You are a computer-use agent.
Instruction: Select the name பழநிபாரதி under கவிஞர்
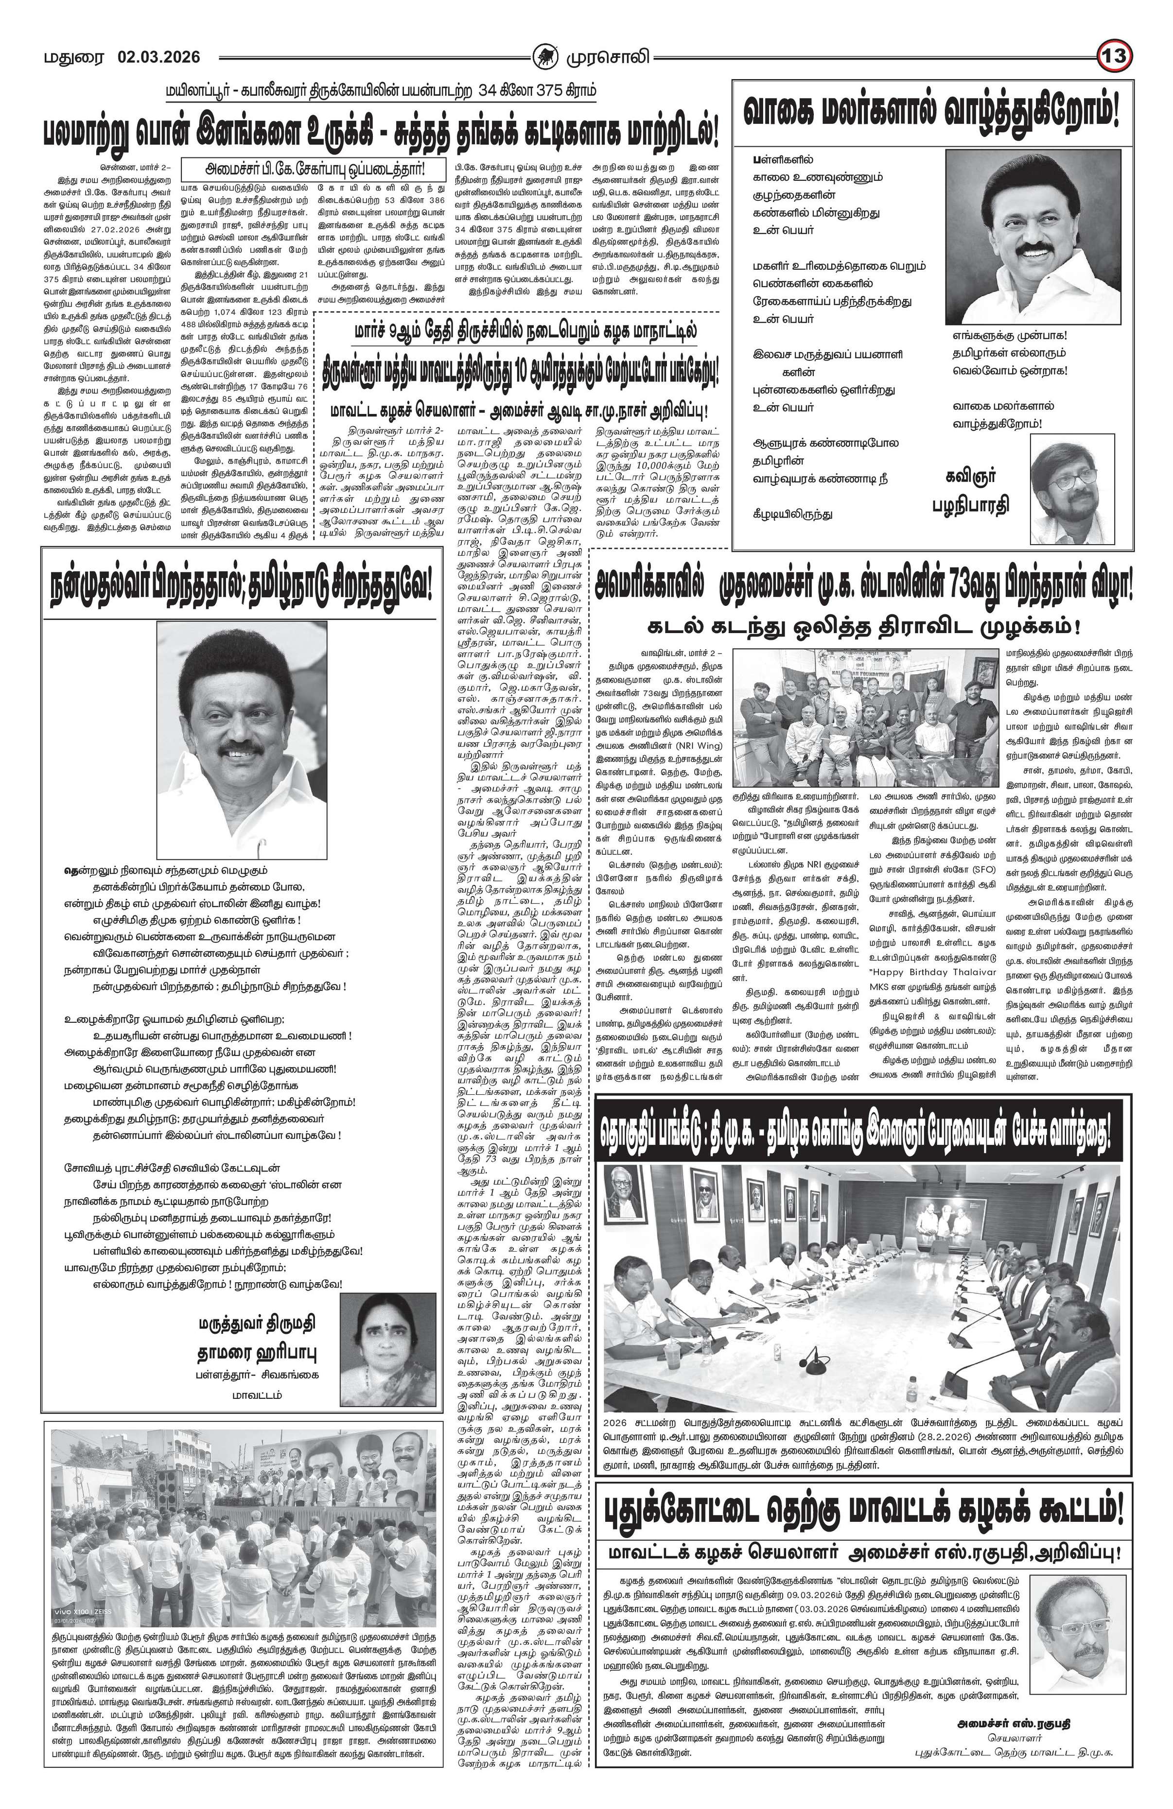coord(970,506)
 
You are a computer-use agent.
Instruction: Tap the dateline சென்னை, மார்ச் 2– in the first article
coord(137,165)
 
